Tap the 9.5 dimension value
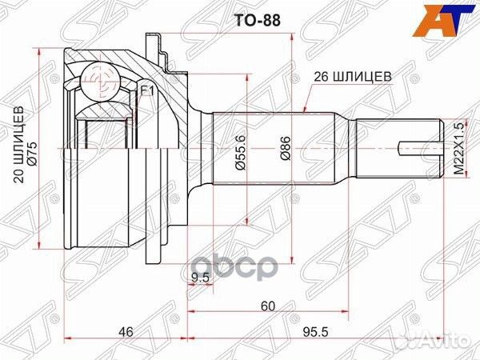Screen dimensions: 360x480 pyautogui.click(x=201, y=278)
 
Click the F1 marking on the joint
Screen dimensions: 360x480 pyautogui.click(x=146, y=91)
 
